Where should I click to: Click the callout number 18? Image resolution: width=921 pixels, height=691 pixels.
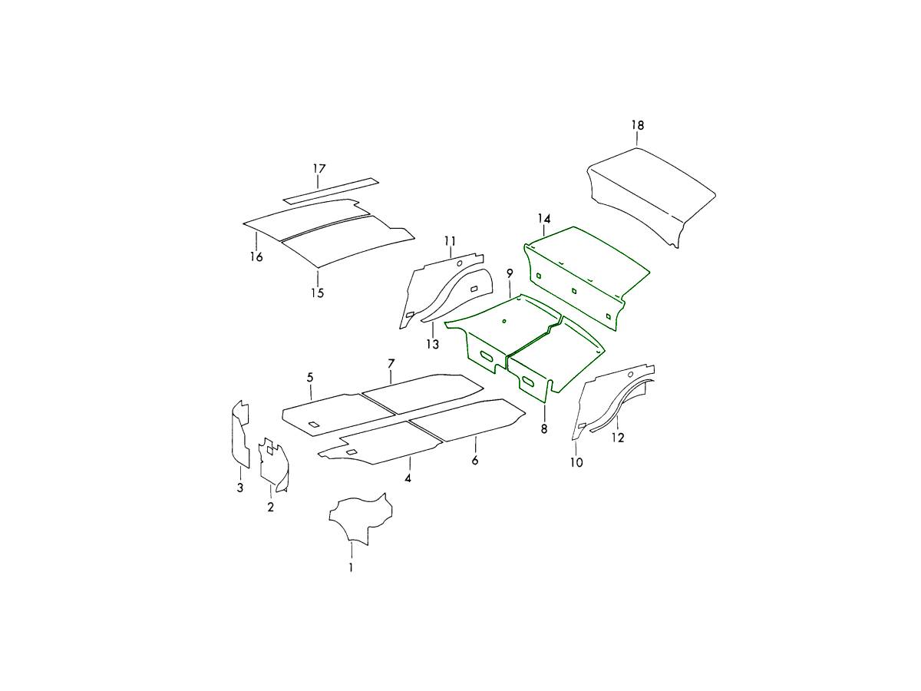coord(637,125)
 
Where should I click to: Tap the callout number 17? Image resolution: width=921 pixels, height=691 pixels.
coord(319,169)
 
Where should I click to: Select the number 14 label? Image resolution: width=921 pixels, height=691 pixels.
coord(544,219)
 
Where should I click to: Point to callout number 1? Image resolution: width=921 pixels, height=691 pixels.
coord(350,567)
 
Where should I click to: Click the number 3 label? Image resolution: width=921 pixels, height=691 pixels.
coord(240,488)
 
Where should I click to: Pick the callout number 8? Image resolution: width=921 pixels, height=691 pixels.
coord(544,428)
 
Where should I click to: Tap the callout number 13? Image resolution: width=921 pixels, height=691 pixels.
coord(432,345)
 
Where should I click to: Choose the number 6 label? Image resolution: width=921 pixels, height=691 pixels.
coord(474,460)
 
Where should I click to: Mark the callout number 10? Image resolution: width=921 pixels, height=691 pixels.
coord(576,462)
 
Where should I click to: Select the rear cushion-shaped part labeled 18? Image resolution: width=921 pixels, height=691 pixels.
coord(651,197)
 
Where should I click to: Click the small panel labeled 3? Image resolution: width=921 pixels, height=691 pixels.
coord(240,435)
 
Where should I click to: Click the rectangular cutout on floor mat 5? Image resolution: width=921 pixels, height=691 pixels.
coord(314,425)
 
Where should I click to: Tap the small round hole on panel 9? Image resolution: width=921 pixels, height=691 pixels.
coord(504,321)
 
